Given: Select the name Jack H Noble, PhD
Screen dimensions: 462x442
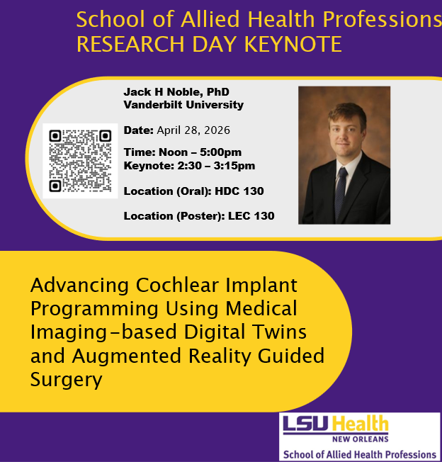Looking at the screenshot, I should point(176,92).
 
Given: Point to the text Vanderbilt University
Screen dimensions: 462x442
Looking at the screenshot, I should point(183,105).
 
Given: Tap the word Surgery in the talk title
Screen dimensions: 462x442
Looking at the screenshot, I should point(67,379).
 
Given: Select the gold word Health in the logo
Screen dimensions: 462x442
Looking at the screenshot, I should point(360,424).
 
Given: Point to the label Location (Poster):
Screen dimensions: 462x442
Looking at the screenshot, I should point(174,215).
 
